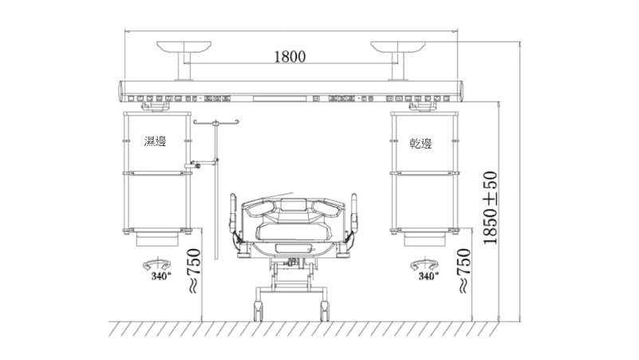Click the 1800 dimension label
click(x=290, y=56)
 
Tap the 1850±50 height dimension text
click(x=491, y=208)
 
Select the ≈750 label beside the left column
click(x=193, y=271)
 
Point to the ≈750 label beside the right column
click(x=463, y=271)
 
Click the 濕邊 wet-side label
click(x=155, y=141)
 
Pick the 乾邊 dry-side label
click(x=420, y=144)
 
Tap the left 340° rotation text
click(x=161, y=276)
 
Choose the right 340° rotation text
click(x=428, y=276)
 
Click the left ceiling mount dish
click(x=183, y=47)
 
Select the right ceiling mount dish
click(x=398, y=47)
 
